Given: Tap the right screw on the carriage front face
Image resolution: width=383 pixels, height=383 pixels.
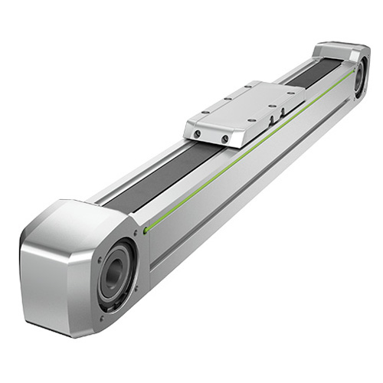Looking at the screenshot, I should (224, 139).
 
